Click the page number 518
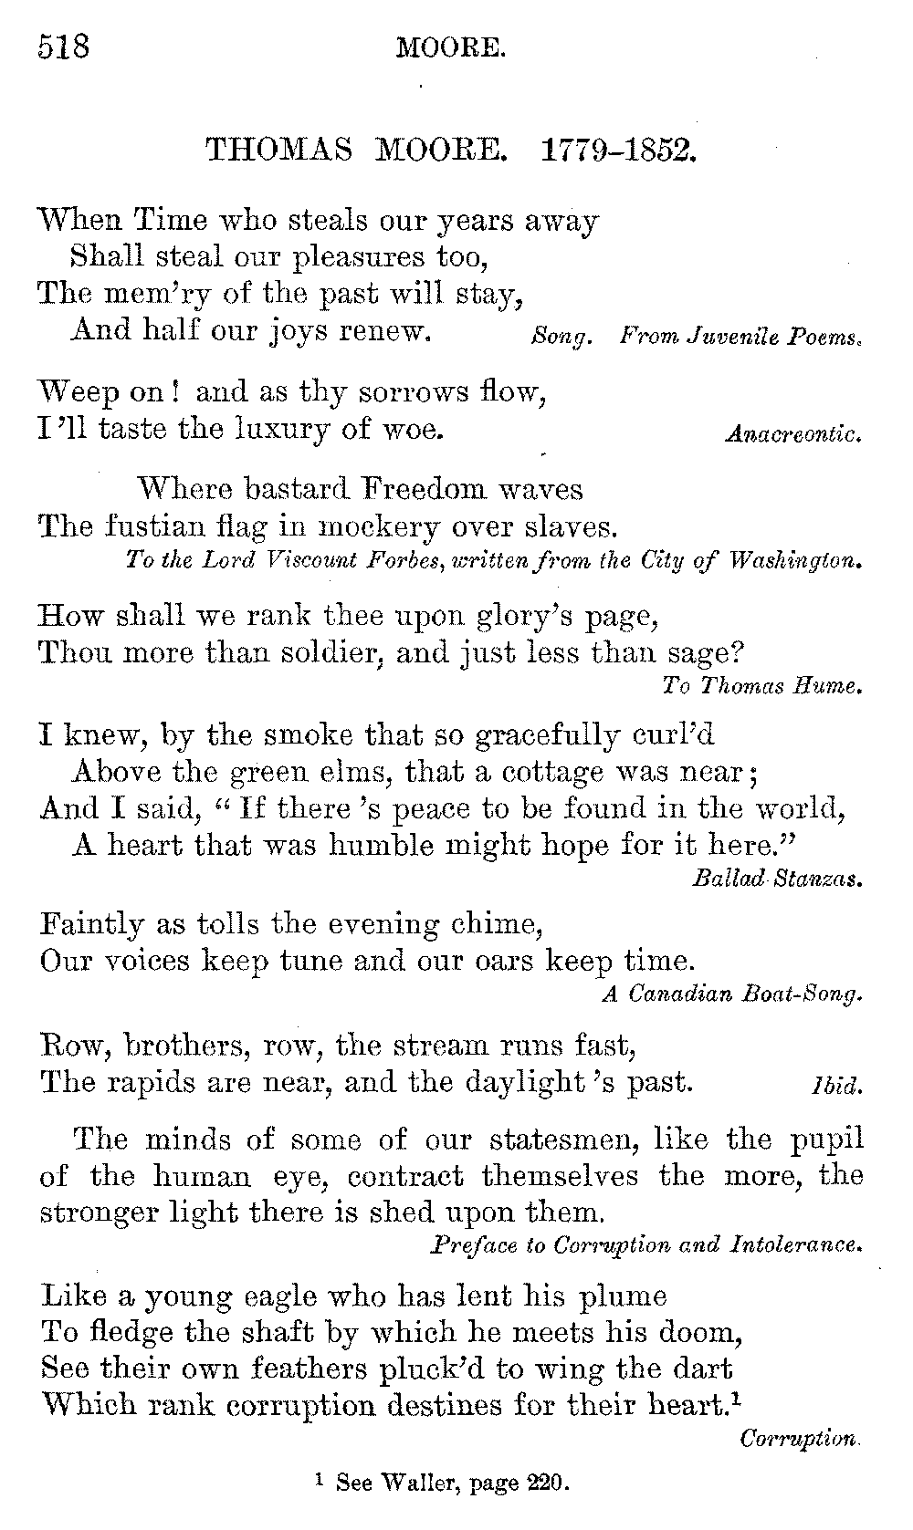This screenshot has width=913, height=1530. (x=64, y=45)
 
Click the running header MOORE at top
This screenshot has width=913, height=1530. (x=450, y=47)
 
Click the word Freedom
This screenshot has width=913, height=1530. (x=424, y=489)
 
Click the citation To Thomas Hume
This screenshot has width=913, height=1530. (x=761, y=685)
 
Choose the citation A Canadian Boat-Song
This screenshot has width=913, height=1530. (x=732, y=994)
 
